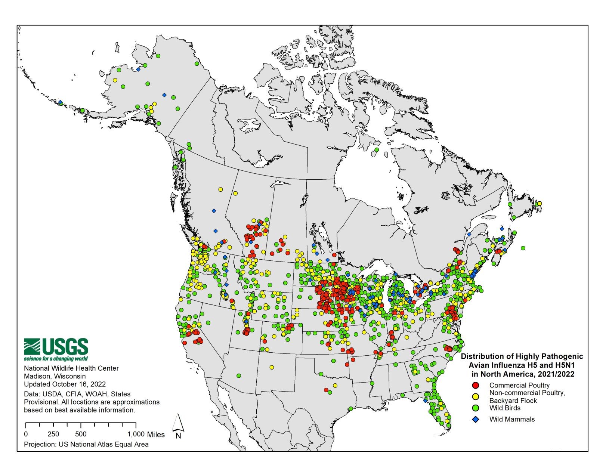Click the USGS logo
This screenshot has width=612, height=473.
(56, 347)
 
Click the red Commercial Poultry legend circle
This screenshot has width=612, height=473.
(476, 385)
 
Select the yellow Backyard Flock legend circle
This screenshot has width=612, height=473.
(476, 396)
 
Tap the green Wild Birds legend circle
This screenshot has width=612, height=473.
(476, 408)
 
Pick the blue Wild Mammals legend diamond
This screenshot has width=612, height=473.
(476, 420)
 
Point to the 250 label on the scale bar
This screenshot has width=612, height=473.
(53, 434)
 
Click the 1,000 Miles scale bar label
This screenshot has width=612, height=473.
(146, 434)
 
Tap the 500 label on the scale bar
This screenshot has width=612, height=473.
(81, 434)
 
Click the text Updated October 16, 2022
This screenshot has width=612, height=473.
(65, 384)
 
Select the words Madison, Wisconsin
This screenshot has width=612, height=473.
(55, 376)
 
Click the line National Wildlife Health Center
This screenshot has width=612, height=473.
(71, 368)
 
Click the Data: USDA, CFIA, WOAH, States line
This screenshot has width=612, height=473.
(77, 394)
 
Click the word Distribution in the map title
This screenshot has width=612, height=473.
(479, 356)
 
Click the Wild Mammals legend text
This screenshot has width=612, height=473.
(512, 419)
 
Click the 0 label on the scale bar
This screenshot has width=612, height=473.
(26, 434)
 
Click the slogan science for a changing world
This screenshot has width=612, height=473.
(56, 359)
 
